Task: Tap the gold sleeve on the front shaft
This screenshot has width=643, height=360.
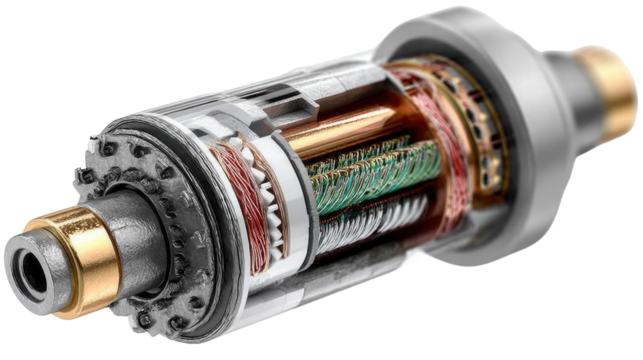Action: pyautogui.click(x=85, y=262)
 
